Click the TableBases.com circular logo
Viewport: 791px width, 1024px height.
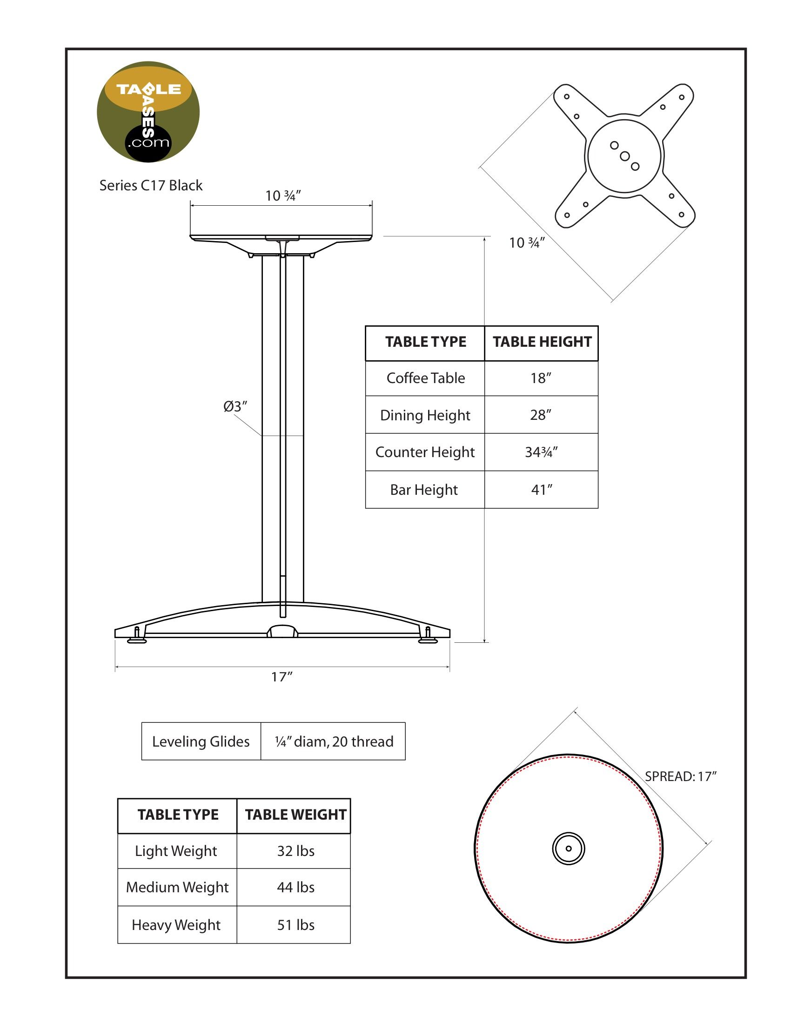(148, 112)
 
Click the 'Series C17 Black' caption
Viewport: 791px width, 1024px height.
(151, 186)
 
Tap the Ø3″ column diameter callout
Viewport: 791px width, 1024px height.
(235, 406)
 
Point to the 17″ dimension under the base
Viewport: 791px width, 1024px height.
(282, 677)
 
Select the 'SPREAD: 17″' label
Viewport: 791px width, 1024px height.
(681, 776)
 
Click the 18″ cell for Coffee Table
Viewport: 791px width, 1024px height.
(541, 378)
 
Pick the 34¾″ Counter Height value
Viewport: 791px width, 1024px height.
(541, 452)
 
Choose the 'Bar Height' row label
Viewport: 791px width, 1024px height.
(424, 490)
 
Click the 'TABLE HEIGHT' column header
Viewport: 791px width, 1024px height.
(542, 342)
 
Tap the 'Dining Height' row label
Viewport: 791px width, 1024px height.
(425, 415)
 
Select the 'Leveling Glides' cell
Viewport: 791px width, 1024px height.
(201, 742)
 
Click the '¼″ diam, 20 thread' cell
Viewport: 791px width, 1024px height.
(334, 742)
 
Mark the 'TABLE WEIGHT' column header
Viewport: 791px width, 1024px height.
(295, 815)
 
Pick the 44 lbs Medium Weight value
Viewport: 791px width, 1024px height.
(295, 888)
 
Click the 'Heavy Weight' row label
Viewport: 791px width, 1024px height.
(176, 925)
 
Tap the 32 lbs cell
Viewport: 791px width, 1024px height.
(295, 851)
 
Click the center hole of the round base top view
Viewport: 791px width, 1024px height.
(569, 849)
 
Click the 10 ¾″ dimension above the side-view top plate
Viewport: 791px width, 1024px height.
(282, 196)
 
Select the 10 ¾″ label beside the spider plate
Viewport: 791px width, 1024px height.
(527, 243)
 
